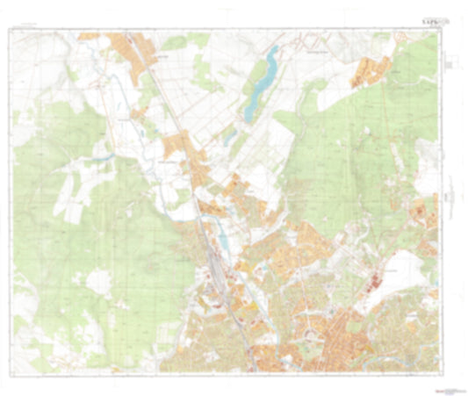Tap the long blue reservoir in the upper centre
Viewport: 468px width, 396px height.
coord(260,83)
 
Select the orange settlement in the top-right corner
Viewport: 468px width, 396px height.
coord(373,71)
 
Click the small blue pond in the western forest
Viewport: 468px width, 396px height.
coord(104,157)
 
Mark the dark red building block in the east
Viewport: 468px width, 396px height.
coord(373,283)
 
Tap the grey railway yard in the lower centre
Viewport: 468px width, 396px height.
coord(214,281)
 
